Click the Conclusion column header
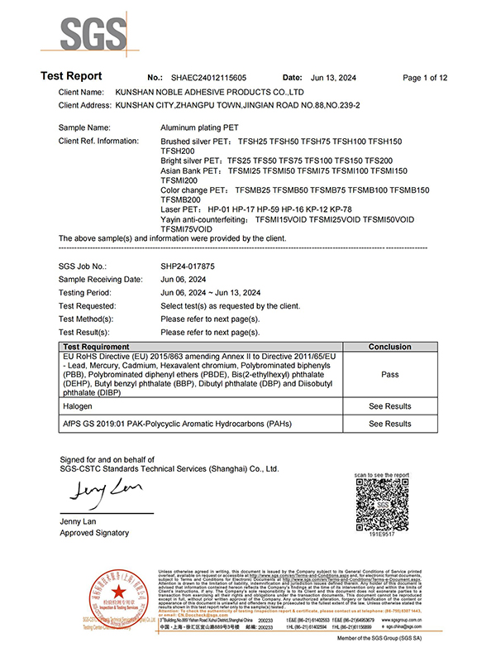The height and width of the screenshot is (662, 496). pyautogui.click(x=390, y=347)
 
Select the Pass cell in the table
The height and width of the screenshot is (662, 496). pyautogui.click(x=390, y=374)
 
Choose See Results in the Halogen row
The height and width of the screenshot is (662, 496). pyautogui.click(x=390, y=406)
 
